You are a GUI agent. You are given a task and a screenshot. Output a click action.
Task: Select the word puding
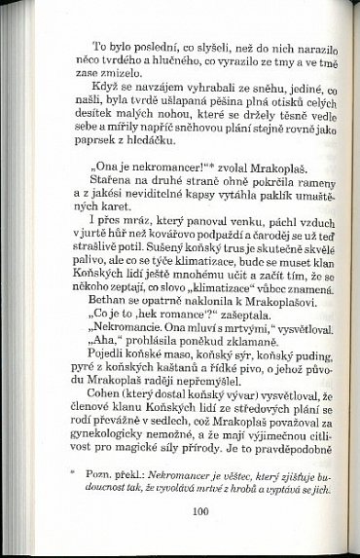tap(275, 371)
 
